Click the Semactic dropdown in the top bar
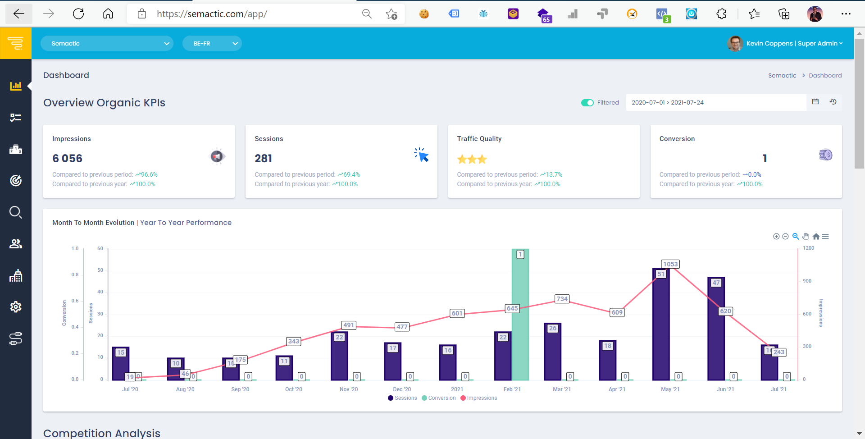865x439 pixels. click(107, 43)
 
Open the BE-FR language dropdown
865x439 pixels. click(212, 43)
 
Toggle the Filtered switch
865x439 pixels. click(587, 103)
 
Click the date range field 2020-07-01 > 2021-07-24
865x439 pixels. click(715, 102)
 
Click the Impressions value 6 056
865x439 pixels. click(68, 159)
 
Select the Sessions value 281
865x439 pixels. click(263, 159)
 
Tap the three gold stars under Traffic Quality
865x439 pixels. click(472, 159)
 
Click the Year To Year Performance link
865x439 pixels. click(186, 223)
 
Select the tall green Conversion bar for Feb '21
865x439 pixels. click(520, 316)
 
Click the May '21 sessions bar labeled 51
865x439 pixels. click(661, 325)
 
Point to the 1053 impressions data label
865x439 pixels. click(670, 264)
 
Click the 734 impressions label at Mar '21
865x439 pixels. click(562, 299)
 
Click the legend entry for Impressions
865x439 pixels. click(481, 398)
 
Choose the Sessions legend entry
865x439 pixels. click(405, 398)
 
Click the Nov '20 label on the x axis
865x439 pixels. click(349, 389)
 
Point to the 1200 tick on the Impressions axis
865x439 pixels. click(809, 248)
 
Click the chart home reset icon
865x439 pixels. click(816, 237)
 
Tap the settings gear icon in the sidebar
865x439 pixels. click(16, 307)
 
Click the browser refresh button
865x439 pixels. click(78, 14)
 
